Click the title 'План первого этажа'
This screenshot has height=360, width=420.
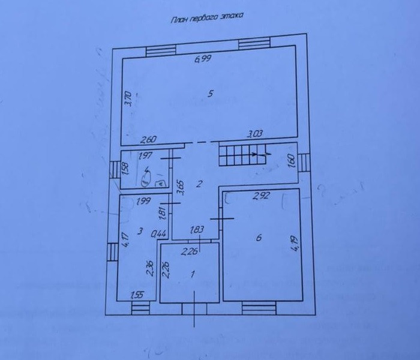coord(207,19)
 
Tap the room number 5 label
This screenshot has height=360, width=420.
coord(210,93)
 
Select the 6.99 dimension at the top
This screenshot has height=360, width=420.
coord(202,59)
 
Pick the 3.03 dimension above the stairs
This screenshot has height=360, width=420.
coord(256,136)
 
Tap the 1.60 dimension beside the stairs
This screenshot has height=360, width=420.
coord(292,162)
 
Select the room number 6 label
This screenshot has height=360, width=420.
coord(258,238)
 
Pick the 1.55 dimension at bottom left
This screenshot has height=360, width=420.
coord(139,295)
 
